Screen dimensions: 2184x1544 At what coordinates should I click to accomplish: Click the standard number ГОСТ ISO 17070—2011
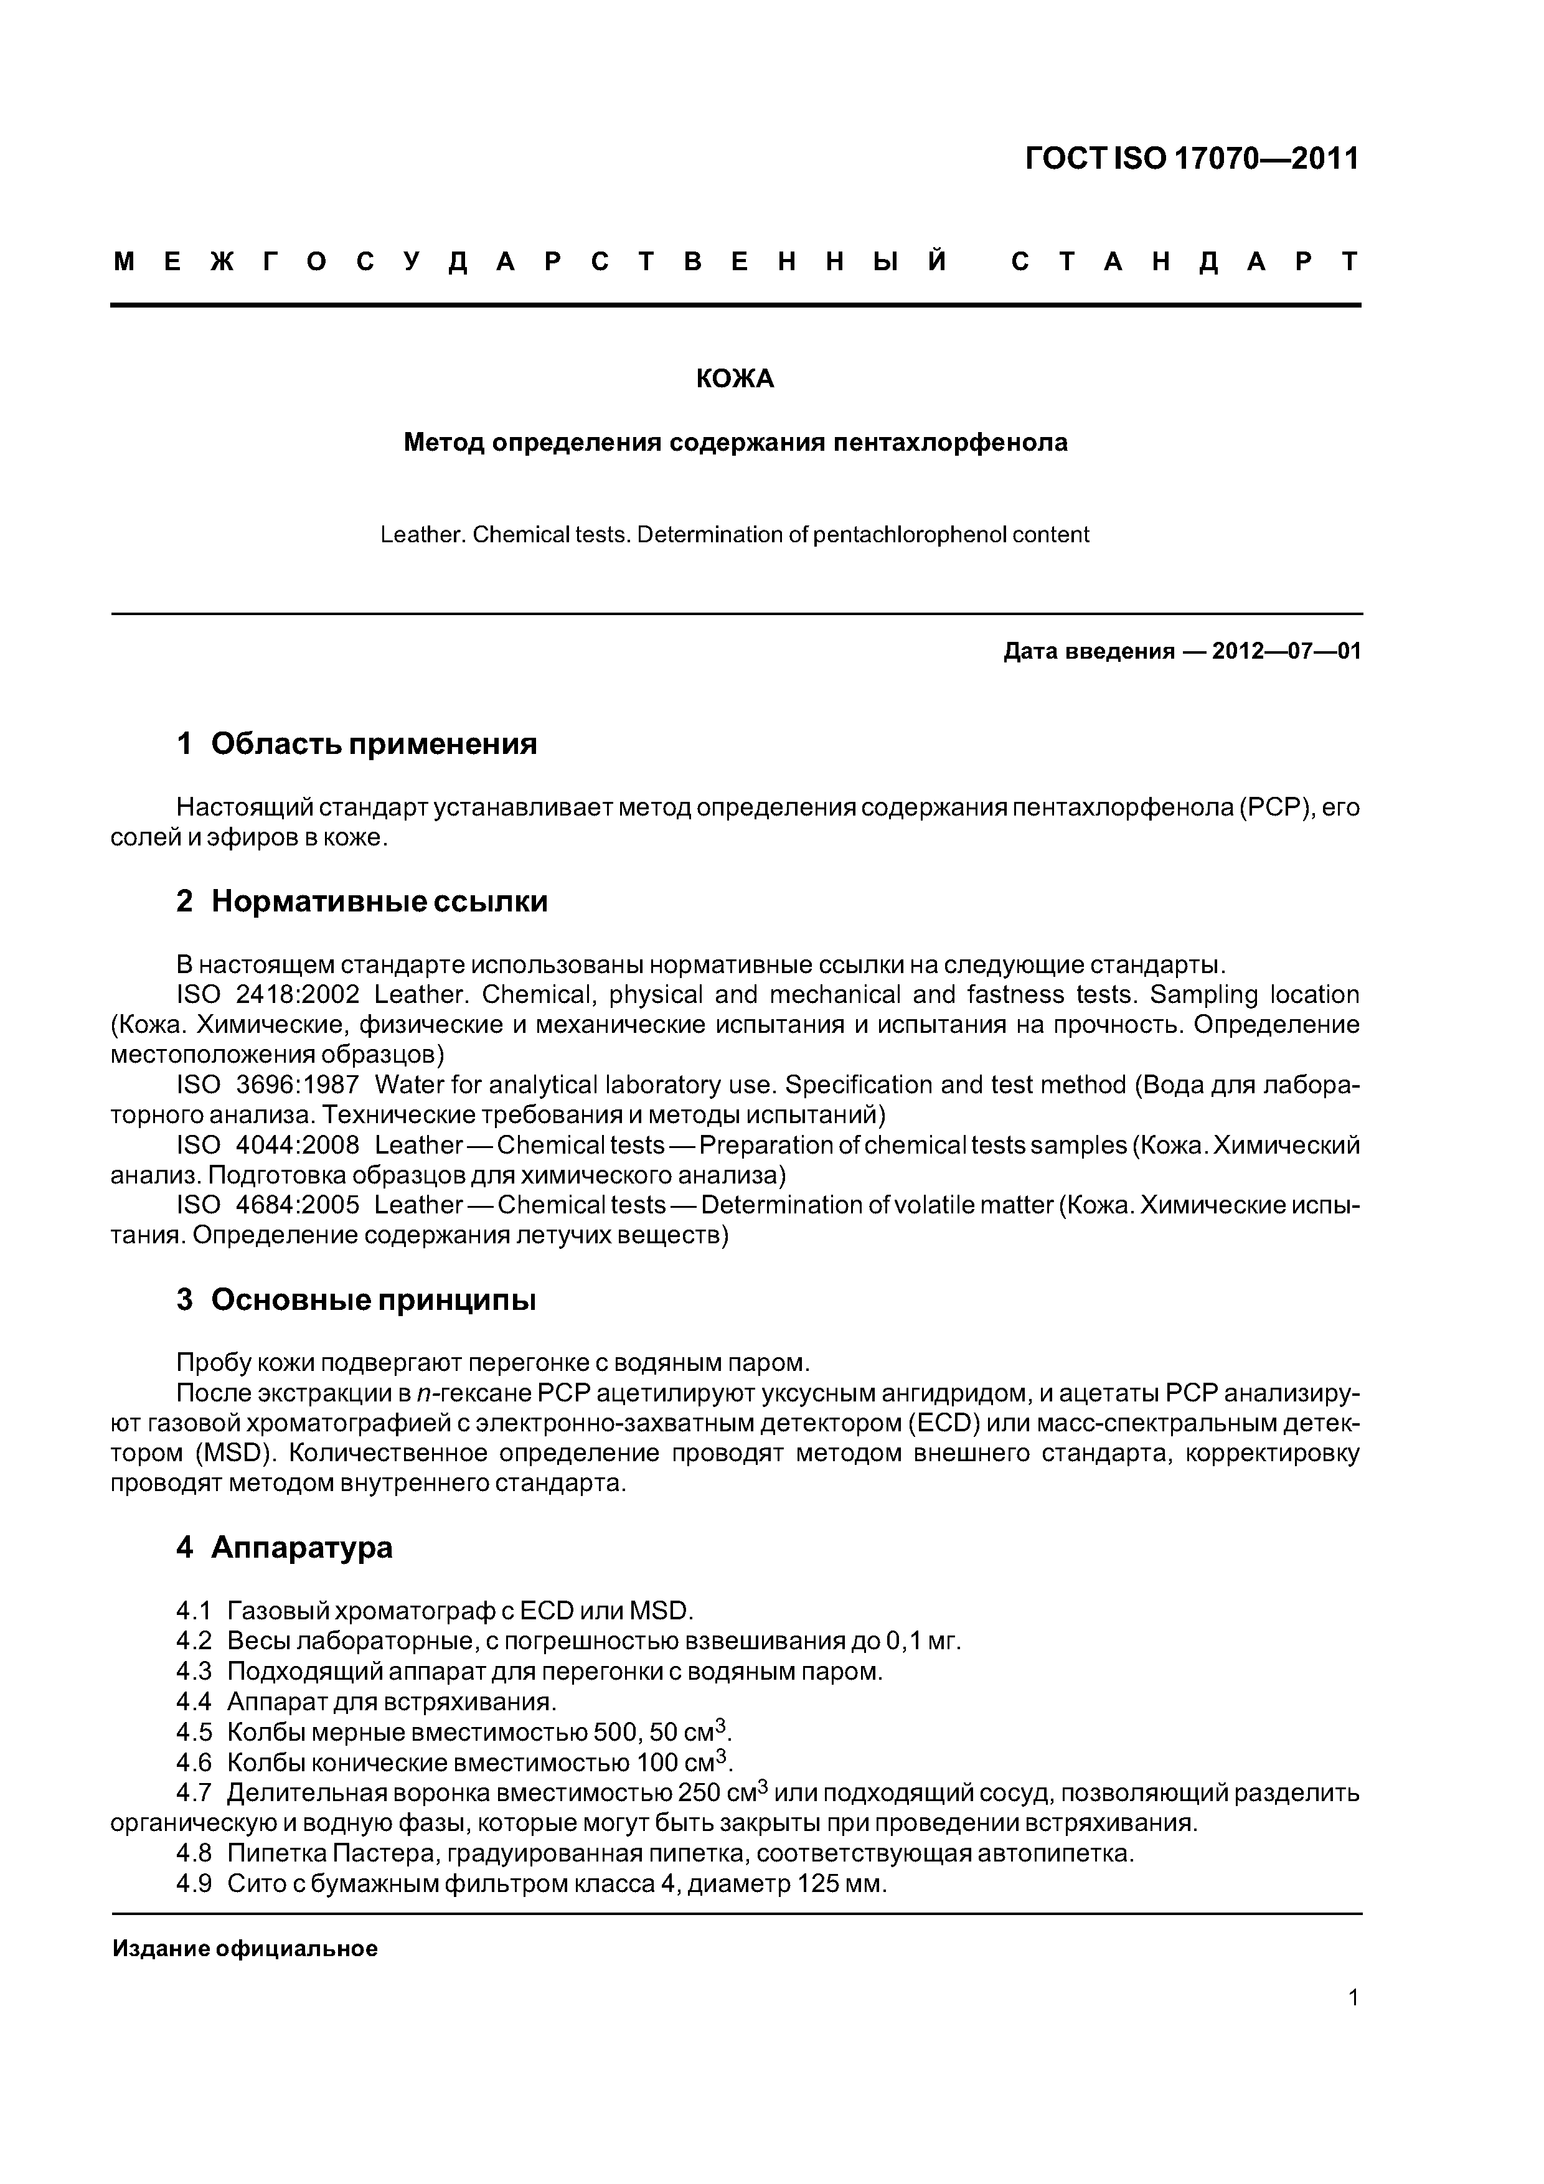pyautogui.click(x=1192, y=159)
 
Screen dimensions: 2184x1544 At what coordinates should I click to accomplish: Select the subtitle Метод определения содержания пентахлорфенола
pyautogui.click(x=735, y=442)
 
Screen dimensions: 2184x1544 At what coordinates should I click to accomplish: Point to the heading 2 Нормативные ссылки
pyautogui.click(x=362, y=901)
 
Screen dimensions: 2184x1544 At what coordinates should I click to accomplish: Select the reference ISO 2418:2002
pyautogui.click(x=268, y=995)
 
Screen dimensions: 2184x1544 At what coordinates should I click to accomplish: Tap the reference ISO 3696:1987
pyautogui.click(x=268, y=1085)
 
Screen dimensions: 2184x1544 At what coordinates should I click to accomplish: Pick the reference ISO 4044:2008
pyautogui.click(x=268, y=1146)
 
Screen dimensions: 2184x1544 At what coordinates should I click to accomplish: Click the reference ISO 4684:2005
pyautogui.click(x=268, y=1205)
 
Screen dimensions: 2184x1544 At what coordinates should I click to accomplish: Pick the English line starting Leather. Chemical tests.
pyautogui.click(x=735, y=535)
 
